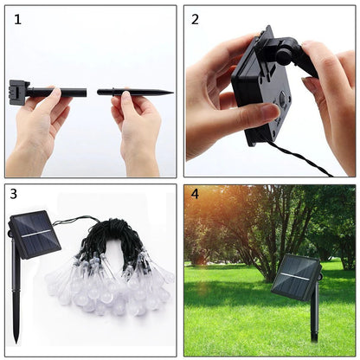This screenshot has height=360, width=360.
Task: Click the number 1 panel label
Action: [x=17, y=19]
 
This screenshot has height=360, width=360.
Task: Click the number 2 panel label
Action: [x=195, y=19]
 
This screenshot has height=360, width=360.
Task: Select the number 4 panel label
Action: [x=195, y=195]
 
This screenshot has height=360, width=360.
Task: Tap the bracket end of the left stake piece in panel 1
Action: [x=18, y=89]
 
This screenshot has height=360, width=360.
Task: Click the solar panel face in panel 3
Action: [x=35, y=235]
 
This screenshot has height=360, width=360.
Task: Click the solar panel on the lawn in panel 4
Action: [x=295, y=280]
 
